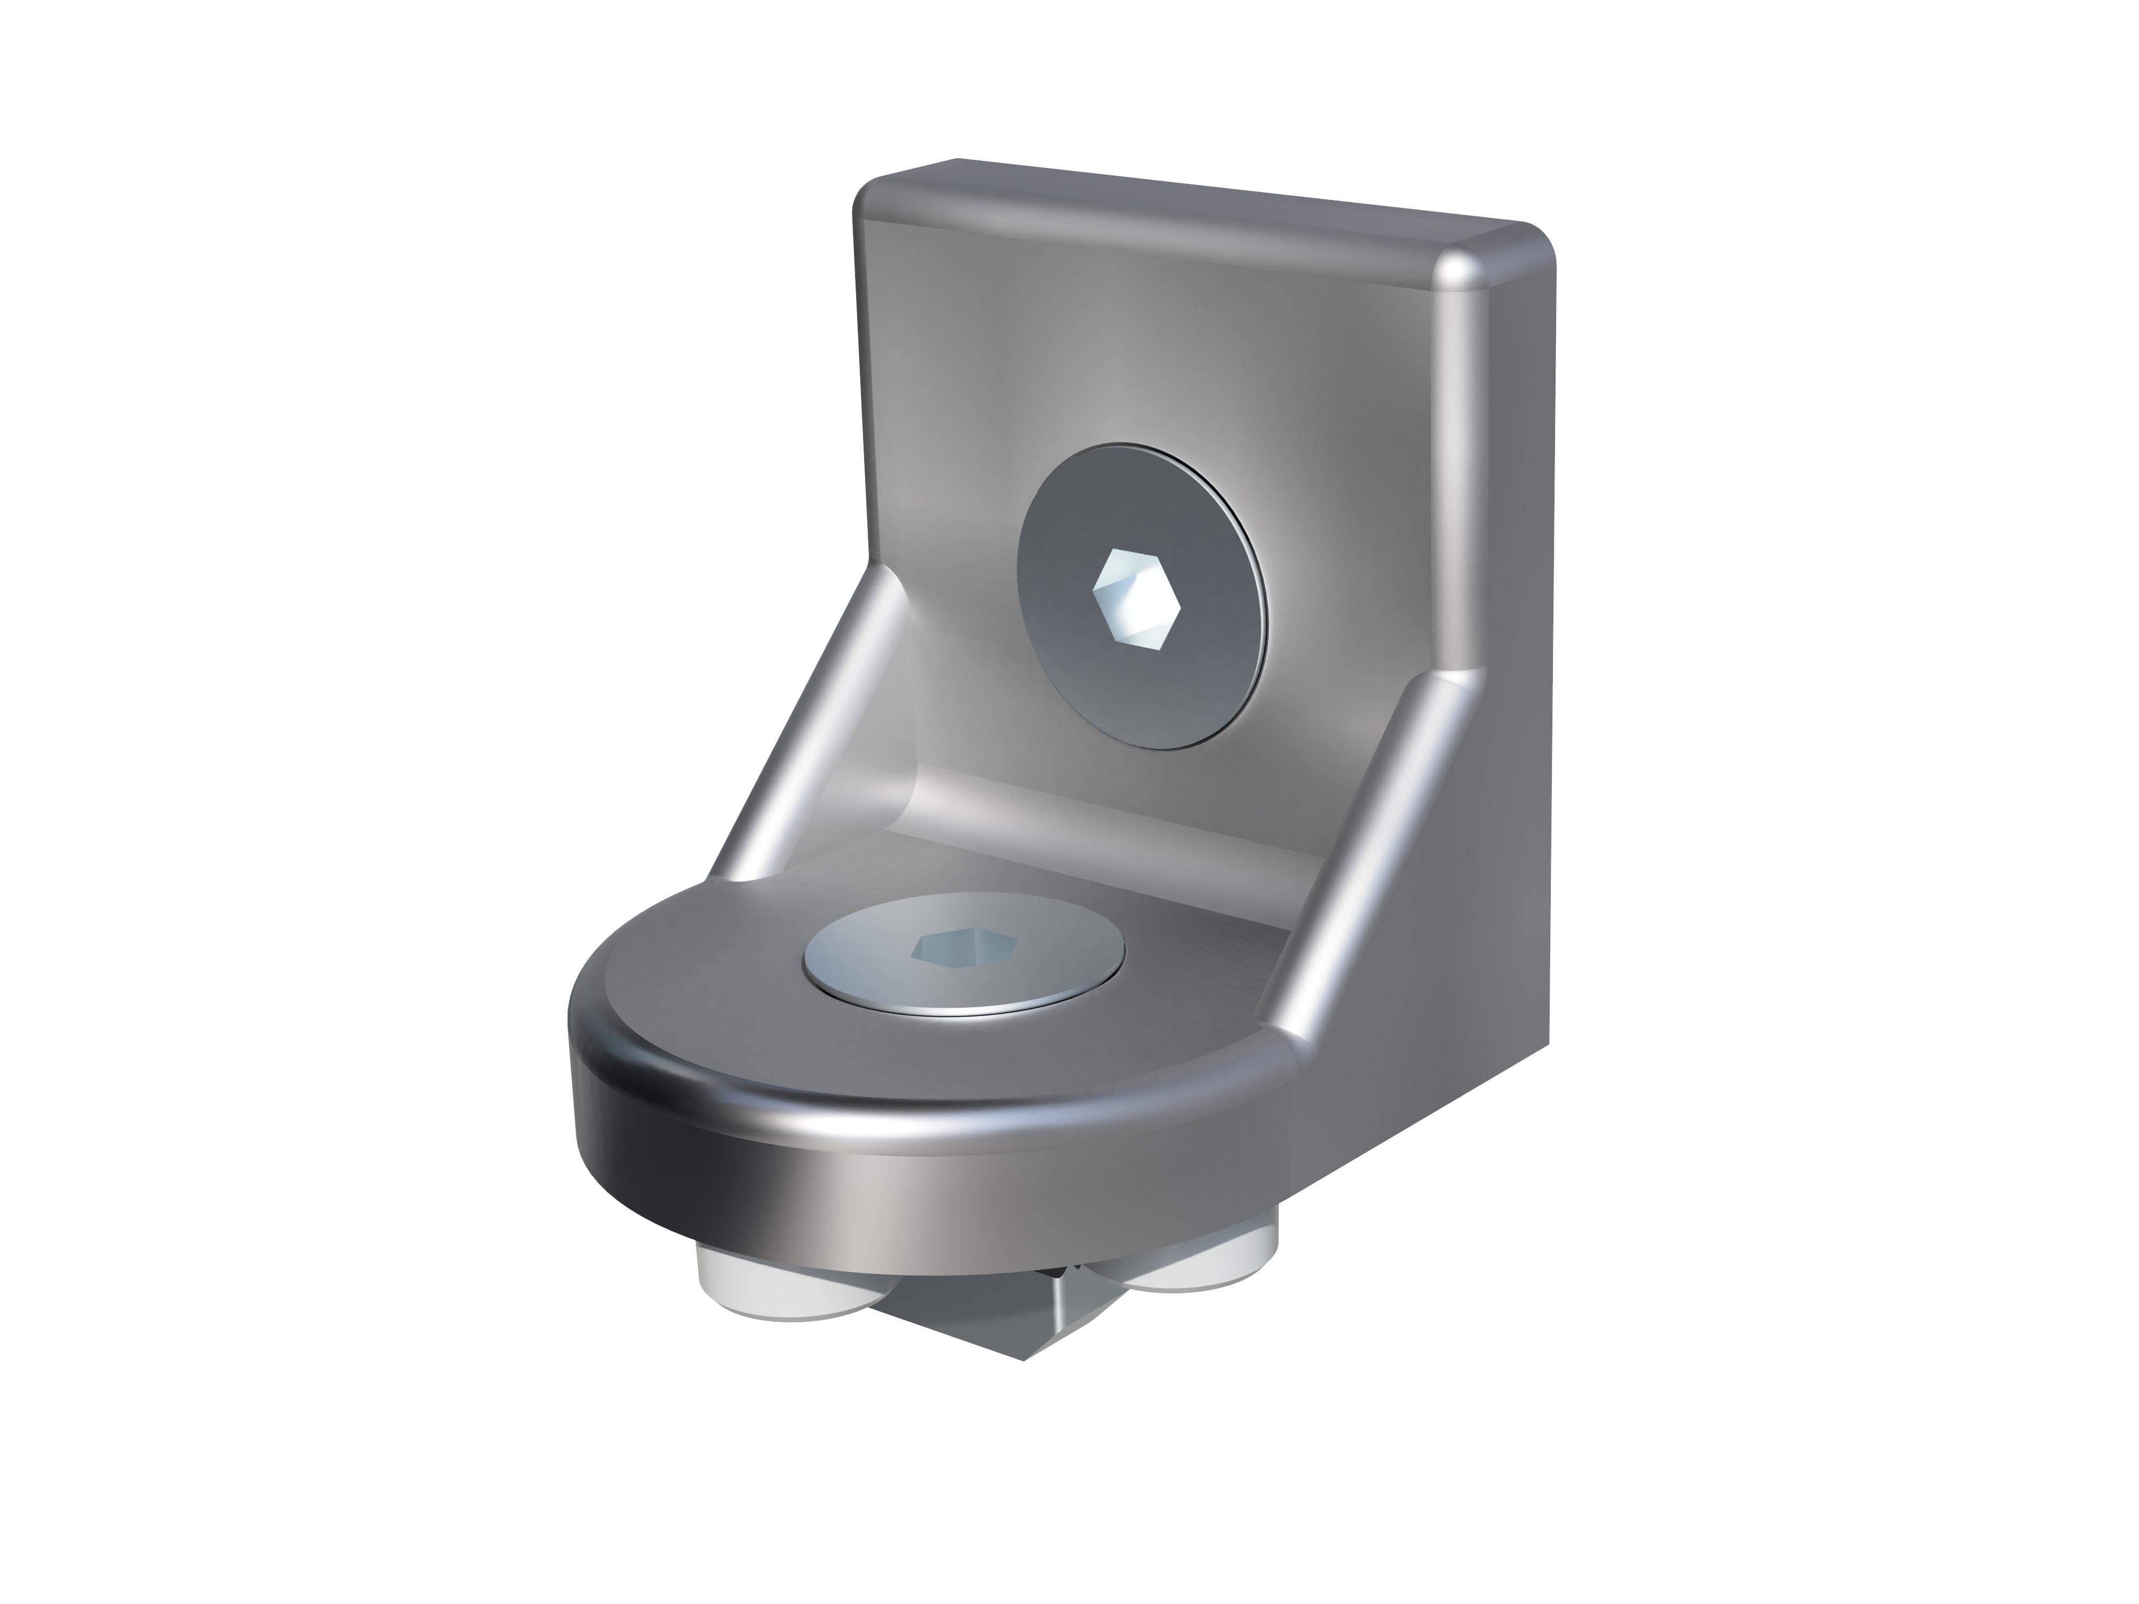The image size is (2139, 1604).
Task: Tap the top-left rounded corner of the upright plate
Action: pos(875,194)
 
